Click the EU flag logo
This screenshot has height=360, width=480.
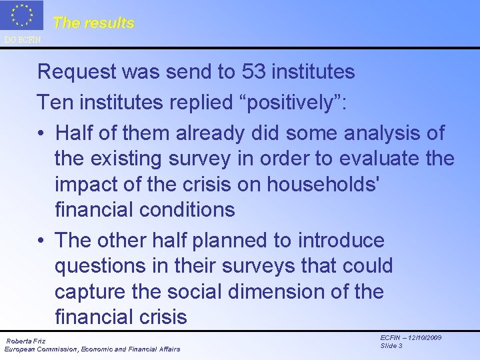pyautogui.click(x=21, y=16)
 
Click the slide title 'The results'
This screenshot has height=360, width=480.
pyautogui.click(x=93, y=23)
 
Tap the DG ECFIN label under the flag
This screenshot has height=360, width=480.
pyautogui.click(x=22, y=40)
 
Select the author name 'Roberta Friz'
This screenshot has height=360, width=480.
pyautogui.click(x=26, y=341)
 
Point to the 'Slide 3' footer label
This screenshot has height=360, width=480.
pyautogui.click(x=391, y=346)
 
